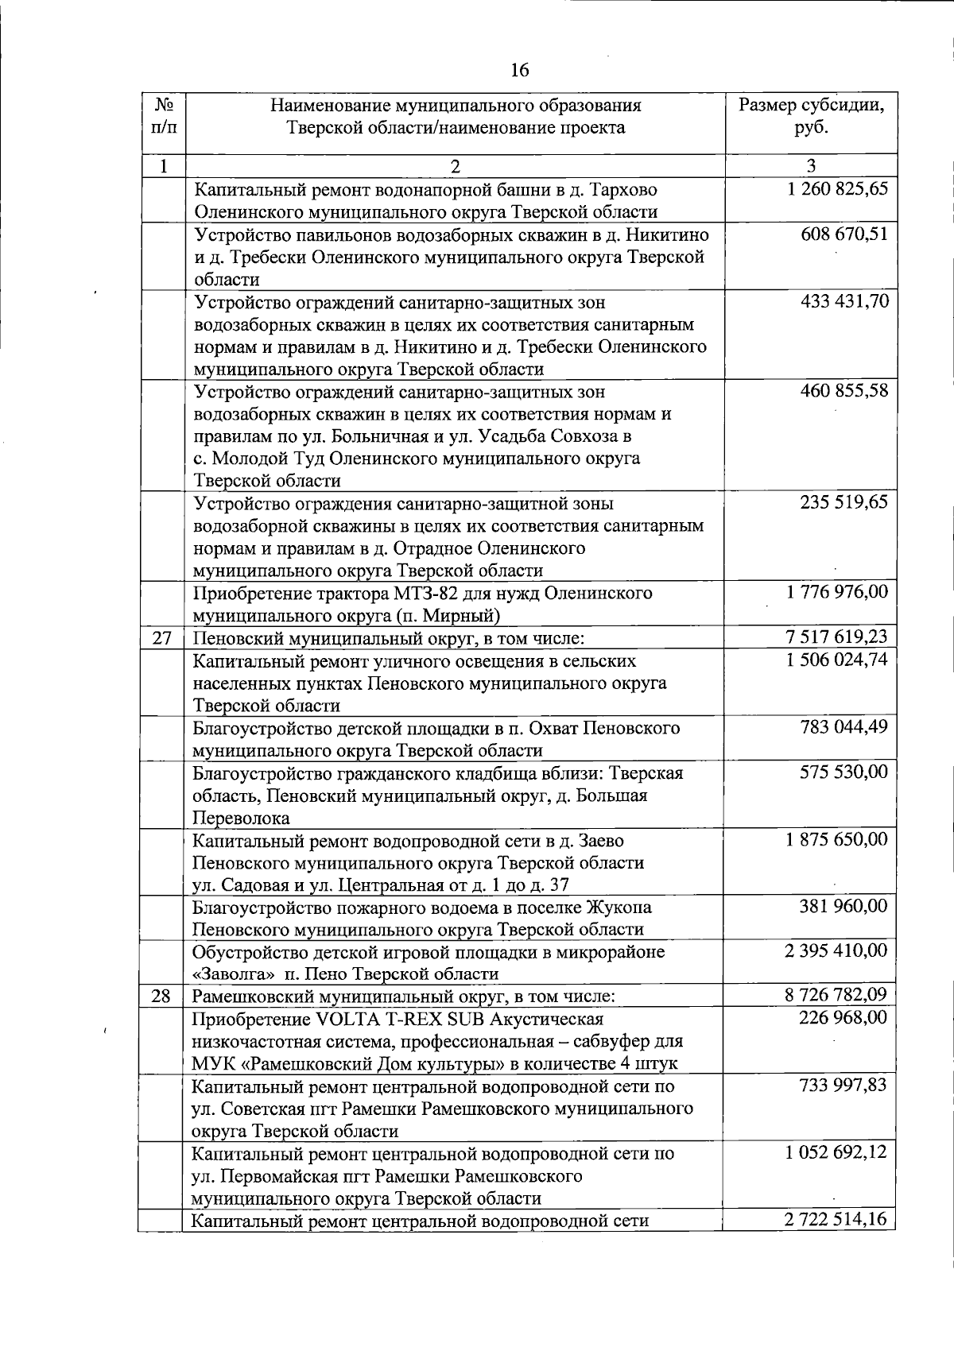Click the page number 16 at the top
click(x=519, y=70)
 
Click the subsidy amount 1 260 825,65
click(x=837, y=189)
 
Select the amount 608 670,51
click(x=844, y=234)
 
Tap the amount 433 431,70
click(x=844, y=301)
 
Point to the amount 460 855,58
click(x=844, y=391)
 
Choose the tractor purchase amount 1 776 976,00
click(x=837, y=592)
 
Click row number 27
click(x=161, y=637)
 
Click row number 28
click(x=161, y=996)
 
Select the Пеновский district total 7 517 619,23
click(x=837, y=637)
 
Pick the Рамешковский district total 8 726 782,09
click(x=837, y=995)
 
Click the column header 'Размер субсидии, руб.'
click(x=811, y=116)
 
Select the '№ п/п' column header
click(x=163, y=116)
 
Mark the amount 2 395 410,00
click(x=837, y=951)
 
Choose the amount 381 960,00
click(x=844, y=907)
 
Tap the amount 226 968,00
click(x=844, y=1018)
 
